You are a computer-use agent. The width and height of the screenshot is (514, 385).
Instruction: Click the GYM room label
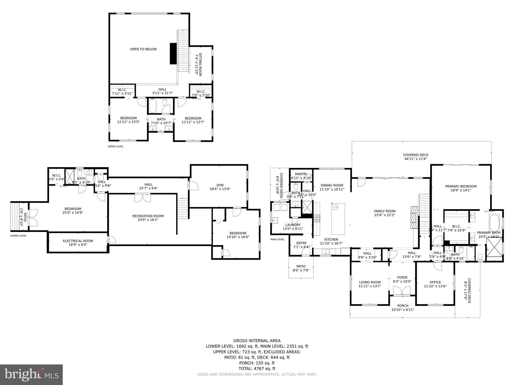click(x=220, y=187)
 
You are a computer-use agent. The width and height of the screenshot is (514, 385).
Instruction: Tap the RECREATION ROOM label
click(x=148, y=218)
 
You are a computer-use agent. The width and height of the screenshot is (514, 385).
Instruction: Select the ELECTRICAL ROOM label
click(x=78, y=243)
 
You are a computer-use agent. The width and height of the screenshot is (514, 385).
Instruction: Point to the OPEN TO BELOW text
click(x=143, y=49)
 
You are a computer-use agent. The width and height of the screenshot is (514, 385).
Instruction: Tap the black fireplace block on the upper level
click(x=173, y=54)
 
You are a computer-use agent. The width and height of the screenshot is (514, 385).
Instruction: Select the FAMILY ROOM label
click(x=384, y=213)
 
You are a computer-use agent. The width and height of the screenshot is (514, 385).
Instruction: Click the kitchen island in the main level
click(x=338, y=219)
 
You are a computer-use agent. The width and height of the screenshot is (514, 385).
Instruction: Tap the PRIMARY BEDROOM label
click(x=461, y=188)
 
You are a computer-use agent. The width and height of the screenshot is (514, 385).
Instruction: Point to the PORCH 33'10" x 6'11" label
click(x=403, y=308)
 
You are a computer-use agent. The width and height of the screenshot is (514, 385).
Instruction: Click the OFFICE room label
click(x=435, y=284)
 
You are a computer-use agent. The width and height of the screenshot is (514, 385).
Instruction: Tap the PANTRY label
click(x=301, y=176)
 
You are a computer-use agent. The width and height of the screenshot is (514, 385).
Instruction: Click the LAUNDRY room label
click(x=293, y=227)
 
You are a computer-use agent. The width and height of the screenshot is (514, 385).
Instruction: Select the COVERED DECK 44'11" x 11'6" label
click(x=416, y=157)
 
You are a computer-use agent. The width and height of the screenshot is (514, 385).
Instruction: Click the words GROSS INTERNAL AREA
click(x=257, y=341)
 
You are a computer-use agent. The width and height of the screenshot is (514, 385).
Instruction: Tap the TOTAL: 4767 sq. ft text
click(x=257, y=368)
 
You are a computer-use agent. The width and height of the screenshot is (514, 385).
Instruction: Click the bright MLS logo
click(x=31, y=374)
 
